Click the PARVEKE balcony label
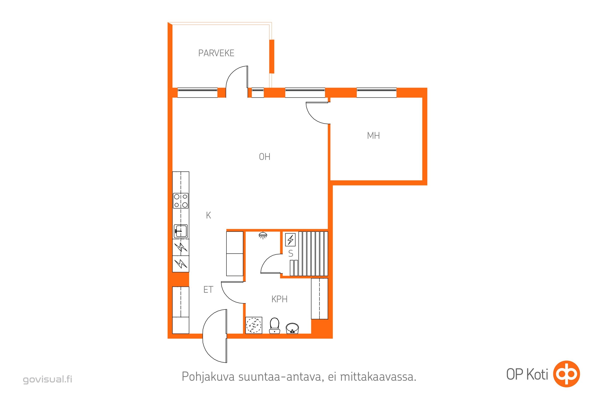coord(216,53)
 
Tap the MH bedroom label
coord(373,136)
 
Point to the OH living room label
coord(264,157)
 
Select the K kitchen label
coord(208,215)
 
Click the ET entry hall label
coord(208,290)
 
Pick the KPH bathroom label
coord(279,299)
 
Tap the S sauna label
coord(291,253)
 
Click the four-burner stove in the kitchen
coord(181,201)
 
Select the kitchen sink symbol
coord(181,231)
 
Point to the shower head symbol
coord(263,235)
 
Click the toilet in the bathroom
coord(275,325)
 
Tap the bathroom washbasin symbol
coord(292,328)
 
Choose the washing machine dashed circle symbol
coord(254,325)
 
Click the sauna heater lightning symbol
coord(290,239)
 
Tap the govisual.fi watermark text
coord(48,379)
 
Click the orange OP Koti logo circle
coord(567,374)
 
